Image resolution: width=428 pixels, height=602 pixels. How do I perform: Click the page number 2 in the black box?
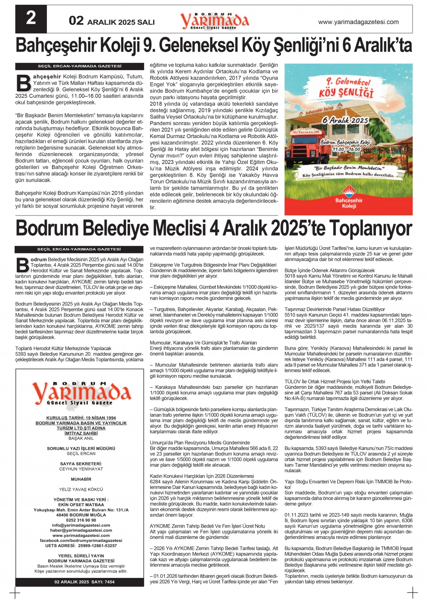(31, 18)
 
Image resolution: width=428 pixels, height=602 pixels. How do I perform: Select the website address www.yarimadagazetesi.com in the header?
(358, 22)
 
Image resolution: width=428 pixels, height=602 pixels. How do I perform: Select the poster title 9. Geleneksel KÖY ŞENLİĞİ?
(346, 88)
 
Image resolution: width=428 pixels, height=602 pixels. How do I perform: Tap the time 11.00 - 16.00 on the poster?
(346, 149)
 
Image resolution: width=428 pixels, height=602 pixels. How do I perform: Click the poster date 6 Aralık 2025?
(345, 120)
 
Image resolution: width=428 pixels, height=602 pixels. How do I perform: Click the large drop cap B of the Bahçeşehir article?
(23, 83)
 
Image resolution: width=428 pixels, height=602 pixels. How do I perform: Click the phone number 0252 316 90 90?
(81, 520)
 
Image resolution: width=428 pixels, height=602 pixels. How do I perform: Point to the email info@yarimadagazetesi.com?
(81, 525)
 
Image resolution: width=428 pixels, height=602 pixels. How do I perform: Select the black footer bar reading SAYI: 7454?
(85, 582)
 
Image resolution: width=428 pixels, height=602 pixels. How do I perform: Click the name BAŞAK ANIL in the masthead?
(81, 438)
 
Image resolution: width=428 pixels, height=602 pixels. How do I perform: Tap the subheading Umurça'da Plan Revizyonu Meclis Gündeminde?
(200, 442)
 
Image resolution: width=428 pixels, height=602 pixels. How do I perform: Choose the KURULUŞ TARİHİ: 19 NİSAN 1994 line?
(81, 418)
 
